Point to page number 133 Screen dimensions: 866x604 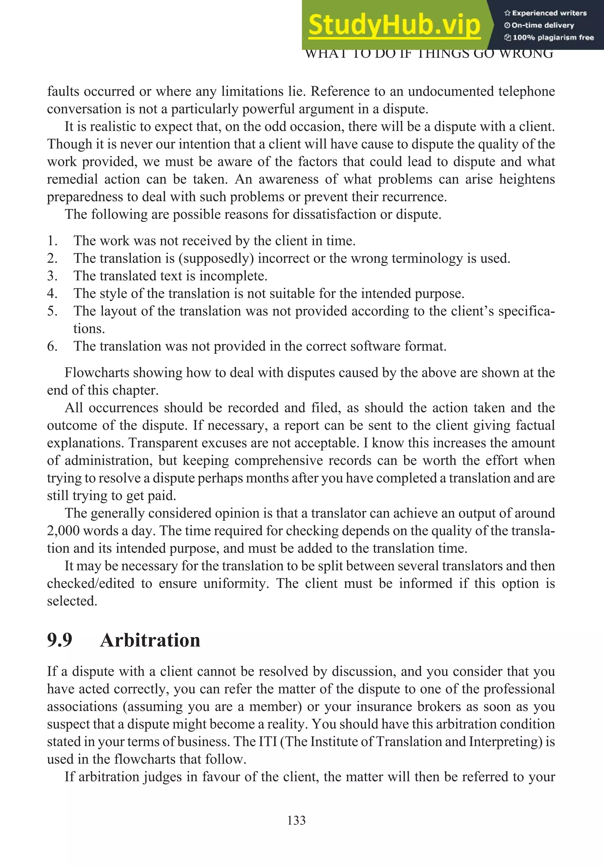(x=296, y=820)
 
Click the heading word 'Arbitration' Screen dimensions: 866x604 (x=150, y=640)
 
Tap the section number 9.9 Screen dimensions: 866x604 (x=60, y=640)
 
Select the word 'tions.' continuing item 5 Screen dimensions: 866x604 (x=89, y=329)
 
